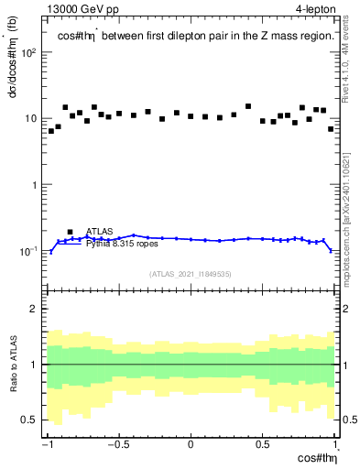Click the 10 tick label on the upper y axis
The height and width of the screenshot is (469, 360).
pos(32,118)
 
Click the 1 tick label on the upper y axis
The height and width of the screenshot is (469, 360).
pos(37,185)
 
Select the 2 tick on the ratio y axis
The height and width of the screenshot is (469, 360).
pos(37,309)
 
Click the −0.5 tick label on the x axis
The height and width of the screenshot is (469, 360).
pos(117,446)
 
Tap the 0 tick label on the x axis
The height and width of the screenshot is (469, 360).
pos(191,446)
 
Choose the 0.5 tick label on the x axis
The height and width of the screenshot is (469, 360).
pos(262,446)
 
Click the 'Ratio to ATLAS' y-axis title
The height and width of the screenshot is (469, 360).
pos(12,364)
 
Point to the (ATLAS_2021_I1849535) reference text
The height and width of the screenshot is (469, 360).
pos(191,273)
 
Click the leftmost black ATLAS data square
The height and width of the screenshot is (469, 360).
pos(51,131)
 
